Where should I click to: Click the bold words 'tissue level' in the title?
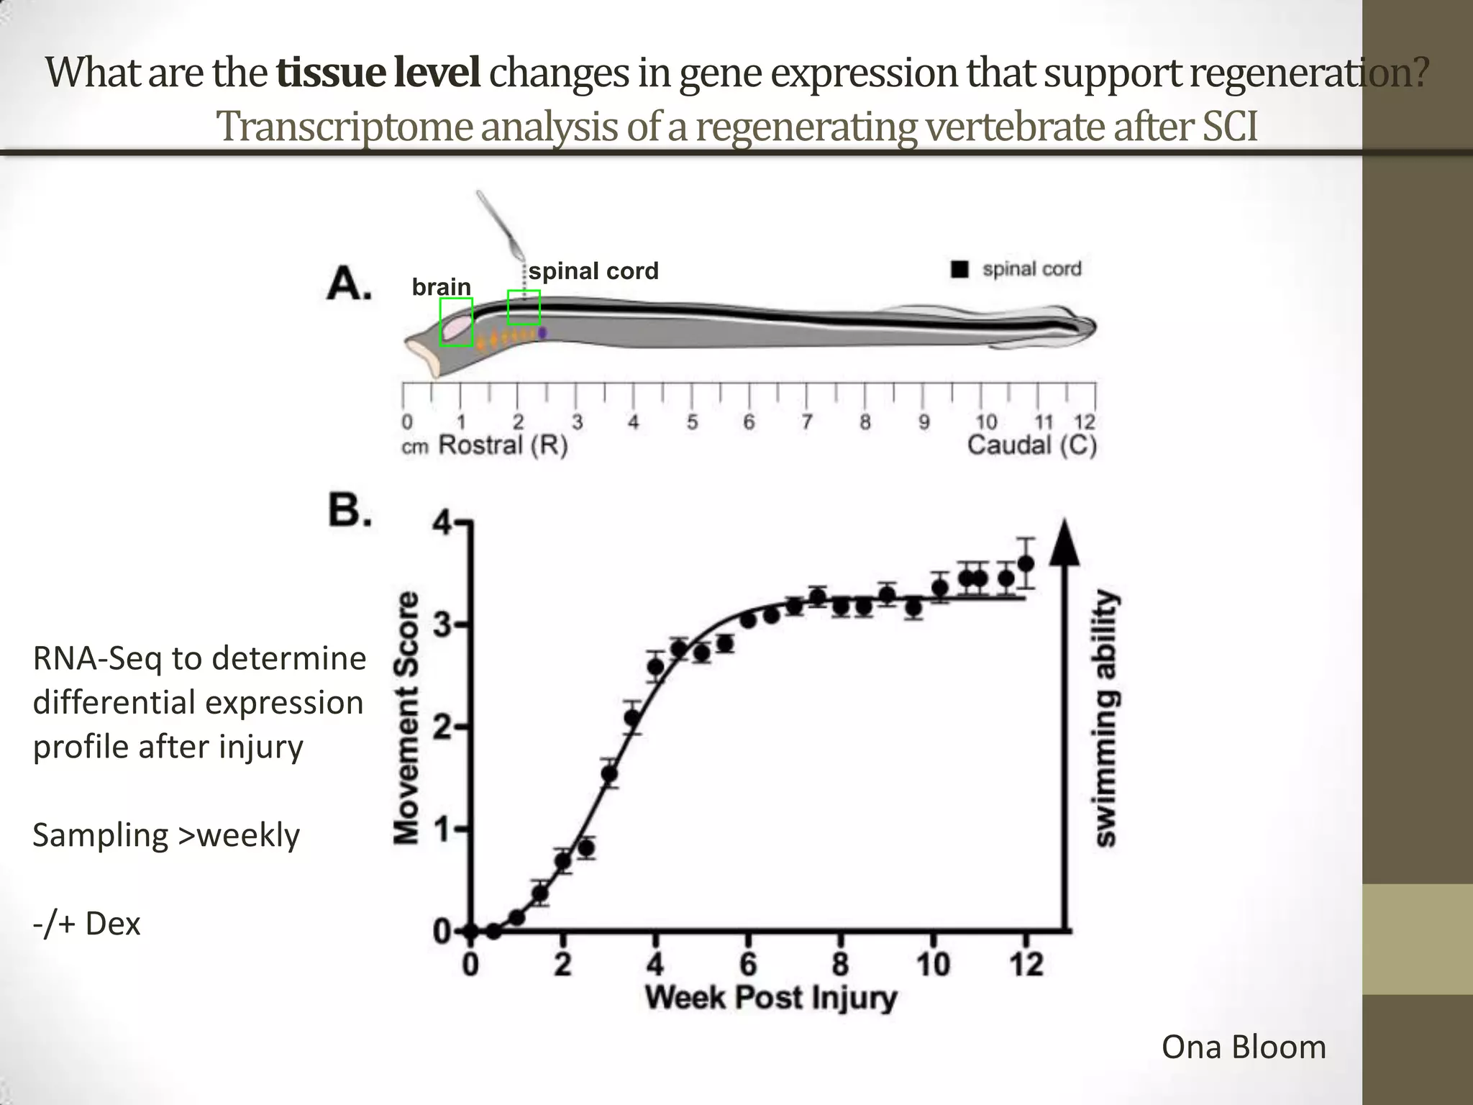(x=378, y=73)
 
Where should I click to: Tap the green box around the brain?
(x=456, y=322)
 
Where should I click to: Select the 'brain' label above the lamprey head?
(x=441, y=287)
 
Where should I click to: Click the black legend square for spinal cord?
(x=959, y=270)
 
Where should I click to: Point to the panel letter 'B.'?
(x=350, y=511)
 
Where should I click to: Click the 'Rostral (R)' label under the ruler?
(x=503, y=445)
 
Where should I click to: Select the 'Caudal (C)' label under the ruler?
(x=1031, y=445)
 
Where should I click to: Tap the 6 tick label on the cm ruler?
(x=749, y=422)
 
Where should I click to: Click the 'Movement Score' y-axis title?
(x=408, y=717)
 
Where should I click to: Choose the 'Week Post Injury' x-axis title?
(x=770, y=998)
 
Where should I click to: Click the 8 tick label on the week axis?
(x=840, y=964)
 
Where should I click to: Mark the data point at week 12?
(x=1026, y=563)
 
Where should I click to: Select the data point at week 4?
(x=655, y=667)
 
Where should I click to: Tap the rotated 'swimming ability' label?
(x=1106, y=719)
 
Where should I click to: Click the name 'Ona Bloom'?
(x=1243, y=1047)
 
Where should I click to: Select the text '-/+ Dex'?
(x=86, y=924)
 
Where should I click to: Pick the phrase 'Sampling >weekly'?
(x=166, y=835)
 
